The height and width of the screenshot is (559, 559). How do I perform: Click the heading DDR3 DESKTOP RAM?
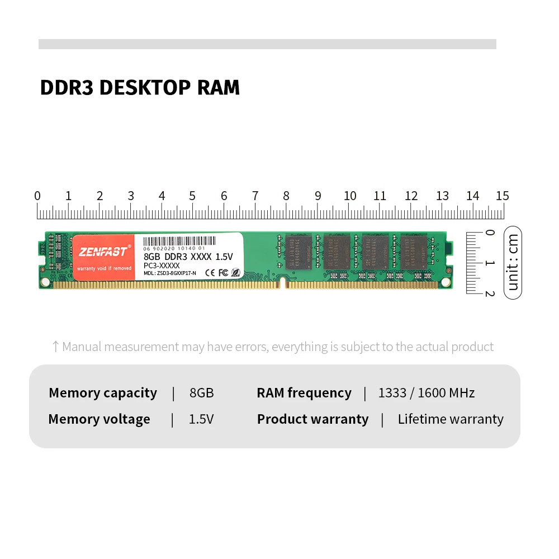[140, 88]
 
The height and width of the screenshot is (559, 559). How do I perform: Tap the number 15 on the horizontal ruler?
[502, 196]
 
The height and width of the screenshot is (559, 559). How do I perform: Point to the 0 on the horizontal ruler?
[37, 196]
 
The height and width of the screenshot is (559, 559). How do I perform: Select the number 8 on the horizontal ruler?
[286, 196]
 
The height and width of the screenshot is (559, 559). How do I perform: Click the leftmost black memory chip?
[298, 252]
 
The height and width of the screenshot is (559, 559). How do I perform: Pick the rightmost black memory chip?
[414, 252]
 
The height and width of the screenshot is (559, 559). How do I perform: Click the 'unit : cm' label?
[513, 262]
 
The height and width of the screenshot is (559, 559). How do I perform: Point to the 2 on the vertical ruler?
[490, 293]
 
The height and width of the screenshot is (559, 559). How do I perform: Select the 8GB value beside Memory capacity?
[202, 393]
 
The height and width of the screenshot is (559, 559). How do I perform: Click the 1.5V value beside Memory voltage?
[201, 419]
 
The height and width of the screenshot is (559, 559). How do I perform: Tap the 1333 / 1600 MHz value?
[427, 393]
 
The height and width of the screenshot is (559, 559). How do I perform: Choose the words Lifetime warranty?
[451, 419]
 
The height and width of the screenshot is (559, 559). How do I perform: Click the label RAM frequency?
[304, 393]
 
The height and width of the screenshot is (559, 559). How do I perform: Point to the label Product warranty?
[312, 419]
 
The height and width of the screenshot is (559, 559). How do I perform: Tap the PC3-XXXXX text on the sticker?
[162, 266]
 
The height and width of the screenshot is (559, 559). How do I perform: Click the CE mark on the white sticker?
[211, 273]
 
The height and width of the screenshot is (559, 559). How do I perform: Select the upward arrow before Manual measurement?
[55, 347]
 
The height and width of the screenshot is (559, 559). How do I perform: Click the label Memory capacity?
[103, 393]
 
